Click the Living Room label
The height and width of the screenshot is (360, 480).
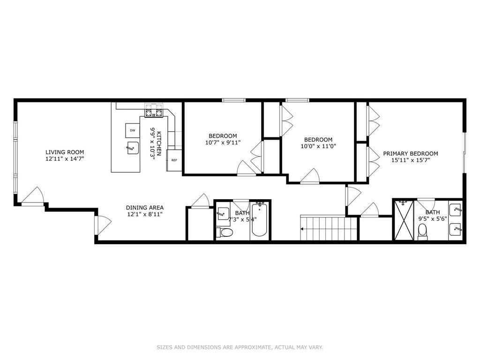pyautogui.click(x=65, y=152)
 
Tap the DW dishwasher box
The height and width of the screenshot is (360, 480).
pyautogui.click(x=133, y=130)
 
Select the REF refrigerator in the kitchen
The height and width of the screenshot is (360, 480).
pyautogui.click(x=174, y=160)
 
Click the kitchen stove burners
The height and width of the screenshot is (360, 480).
pyautogui.click(x=154, y=112)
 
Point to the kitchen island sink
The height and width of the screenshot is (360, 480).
pyautogui.click(x=131, y=149)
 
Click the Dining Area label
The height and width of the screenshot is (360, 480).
pyautogui.click(x=144, y=208)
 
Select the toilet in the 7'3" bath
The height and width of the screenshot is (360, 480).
pyautogui.click(x=225, y=232)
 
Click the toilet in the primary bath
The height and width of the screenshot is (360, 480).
pyautogui.click(x=422, y=231)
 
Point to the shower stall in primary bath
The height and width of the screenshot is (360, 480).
pyautogui.click(x=403, y=220)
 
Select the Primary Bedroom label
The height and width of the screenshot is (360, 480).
pyautogui.click(x=410, y=153)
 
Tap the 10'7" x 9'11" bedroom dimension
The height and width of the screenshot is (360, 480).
pyautogui.click(x=223, y=142)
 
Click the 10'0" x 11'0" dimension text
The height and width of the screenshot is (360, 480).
pyautogui.click(x=318, y=146)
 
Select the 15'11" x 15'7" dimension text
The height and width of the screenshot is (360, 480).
pyautogui.click(x=410, y=160)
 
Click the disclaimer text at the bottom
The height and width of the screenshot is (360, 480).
pyautogui.click(x=240, y=347)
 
